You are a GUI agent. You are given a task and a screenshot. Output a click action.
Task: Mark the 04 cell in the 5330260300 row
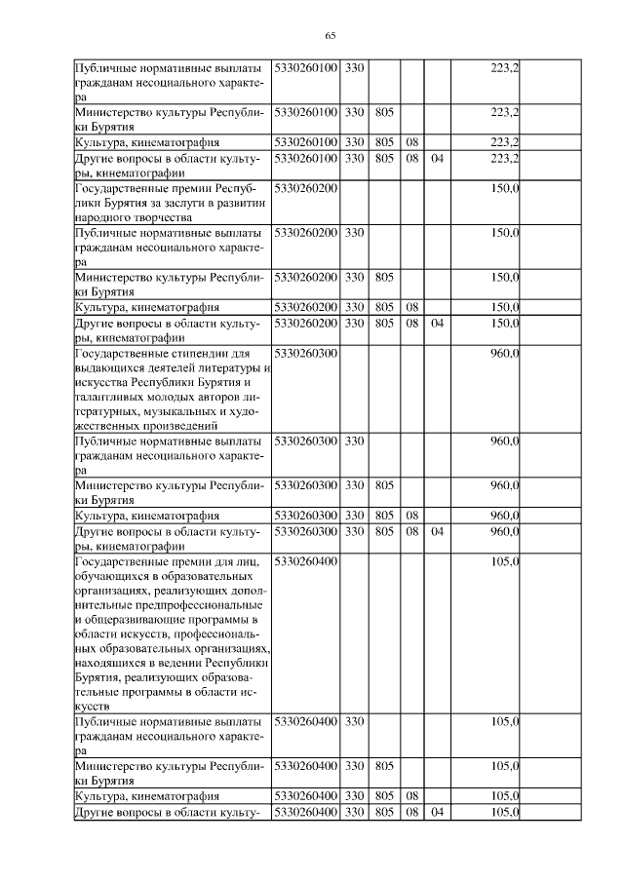pyautogui.click(x=437, y=531)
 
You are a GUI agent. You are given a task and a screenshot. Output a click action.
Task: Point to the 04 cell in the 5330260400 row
pyautogui.click(x=437, y=812)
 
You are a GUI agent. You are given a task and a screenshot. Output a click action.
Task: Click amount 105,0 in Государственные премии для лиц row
pyautogui.click(x=504, y=560)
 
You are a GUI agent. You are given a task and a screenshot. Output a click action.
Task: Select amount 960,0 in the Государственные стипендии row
pyautogui.click(x=504, y=354)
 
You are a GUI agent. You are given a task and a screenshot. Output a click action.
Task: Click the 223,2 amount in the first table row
pyautogui.click(x=504, y=67)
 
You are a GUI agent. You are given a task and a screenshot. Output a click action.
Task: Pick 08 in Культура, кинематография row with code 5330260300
pyautogui.click(x=411, y=515)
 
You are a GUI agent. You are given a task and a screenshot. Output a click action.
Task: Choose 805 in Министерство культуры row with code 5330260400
pyautogui.click(x=384, y=766)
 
